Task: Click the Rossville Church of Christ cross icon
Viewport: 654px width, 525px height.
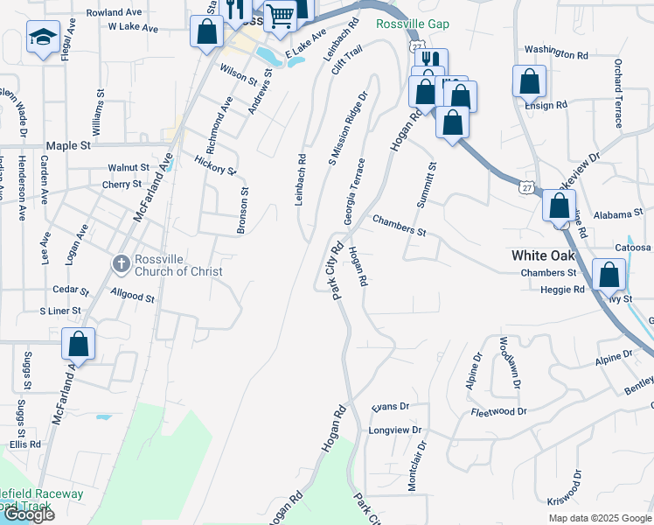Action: [122, 262]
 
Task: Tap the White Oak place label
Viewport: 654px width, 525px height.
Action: [543, 255]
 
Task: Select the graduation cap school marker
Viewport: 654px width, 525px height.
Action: [42, 38]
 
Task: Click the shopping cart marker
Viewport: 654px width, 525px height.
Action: [280, 16]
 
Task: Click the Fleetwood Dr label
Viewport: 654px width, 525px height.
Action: [498, 411]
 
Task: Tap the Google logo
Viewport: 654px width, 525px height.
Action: [28, 514]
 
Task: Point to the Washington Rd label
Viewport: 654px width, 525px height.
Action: [556, 53]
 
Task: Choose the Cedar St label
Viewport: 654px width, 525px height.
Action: [71, 290]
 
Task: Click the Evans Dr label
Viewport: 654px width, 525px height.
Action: [390, 407]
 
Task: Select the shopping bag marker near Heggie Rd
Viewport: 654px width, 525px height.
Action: [609, 275]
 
